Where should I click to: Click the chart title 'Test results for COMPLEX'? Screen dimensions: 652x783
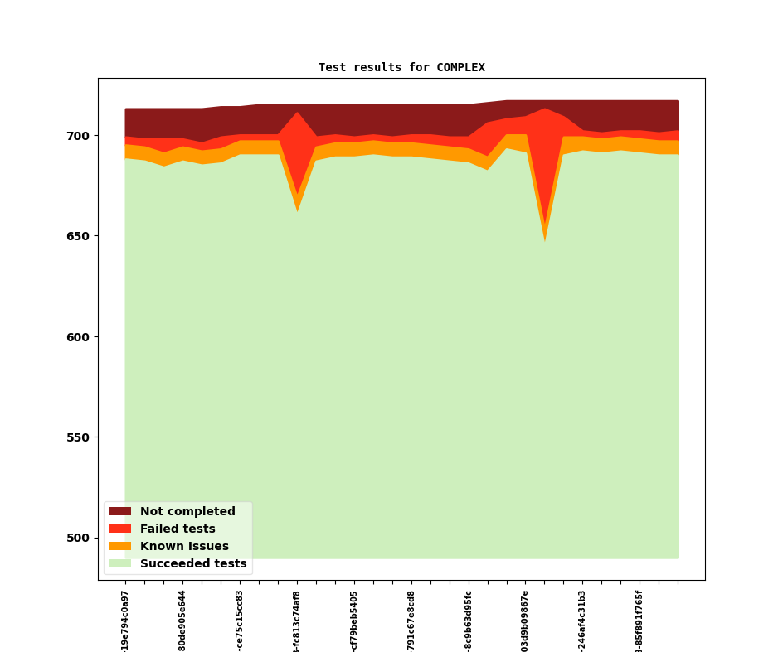[x=401, y=68]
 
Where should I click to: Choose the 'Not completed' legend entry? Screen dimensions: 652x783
[x=187, y=512]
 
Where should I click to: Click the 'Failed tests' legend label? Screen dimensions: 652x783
[x=178, y=529]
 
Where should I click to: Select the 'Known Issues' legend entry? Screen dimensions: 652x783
[x=184, y=547]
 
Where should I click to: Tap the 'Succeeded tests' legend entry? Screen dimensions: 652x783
[x=193, y=564]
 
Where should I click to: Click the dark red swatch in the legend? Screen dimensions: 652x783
[x=119, y=512]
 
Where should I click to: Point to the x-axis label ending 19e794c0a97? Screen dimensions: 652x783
[x=125, y=620]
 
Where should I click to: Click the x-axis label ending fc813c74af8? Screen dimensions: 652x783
[x=297, y=620]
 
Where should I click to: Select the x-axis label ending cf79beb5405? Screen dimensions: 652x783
[x=354, y=620]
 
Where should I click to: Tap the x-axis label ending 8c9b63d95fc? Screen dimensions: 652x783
[x=469, y=620]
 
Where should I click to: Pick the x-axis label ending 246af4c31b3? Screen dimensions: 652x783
[x=582, y=620]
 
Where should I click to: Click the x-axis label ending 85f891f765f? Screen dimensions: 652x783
[x=640, y=620]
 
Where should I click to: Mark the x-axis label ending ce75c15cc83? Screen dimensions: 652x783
[x=240, y=620]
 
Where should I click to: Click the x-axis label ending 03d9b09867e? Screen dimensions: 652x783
[x=525, y=620]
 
